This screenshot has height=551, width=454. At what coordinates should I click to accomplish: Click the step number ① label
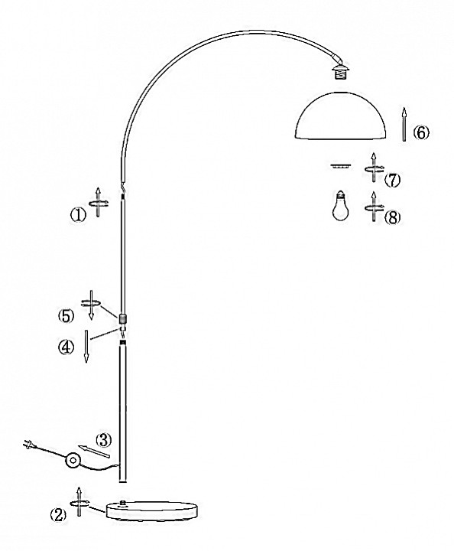[x=78, y=215]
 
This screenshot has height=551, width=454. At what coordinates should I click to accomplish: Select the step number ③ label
[x=103, y=440]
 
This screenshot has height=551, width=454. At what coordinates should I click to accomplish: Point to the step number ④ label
[x=66, y=347]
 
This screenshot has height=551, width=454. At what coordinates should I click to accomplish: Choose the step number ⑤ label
[x=66, y=316]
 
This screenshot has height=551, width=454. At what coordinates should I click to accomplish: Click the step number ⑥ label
[x=420, y=133]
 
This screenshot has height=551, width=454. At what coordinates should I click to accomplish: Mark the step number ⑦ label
[x=392, y=181]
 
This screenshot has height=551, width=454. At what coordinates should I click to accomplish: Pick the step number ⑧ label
[x=392, y=218]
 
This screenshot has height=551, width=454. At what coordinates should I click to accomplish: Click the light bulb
[x=341, y=206]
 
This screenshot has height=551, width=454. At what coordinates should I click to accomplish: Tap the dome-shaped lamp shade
[x=341, y=116]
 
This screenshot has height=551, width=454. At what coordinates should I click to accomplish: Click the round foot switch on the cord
[x=73, y=460]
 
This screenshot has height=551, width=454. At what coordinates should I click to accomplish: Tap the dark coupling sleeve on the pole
[x=122, y=318]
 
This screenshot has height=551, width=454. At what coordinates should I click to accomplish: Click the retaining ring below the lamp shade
[x=340, y=166]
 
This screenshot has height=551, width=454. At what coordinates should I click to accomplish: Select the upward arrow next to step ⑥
[x=404, y=125]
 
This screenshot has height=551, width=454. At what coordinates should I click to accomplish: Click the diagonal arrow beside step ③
[x=94, y=452]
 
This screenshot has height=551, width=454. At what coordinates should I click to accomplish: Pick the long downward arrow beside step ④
[x=86, y=346]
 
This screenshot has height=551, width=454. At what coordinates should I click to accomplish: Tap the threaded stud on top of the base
[x=123, y=504]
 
